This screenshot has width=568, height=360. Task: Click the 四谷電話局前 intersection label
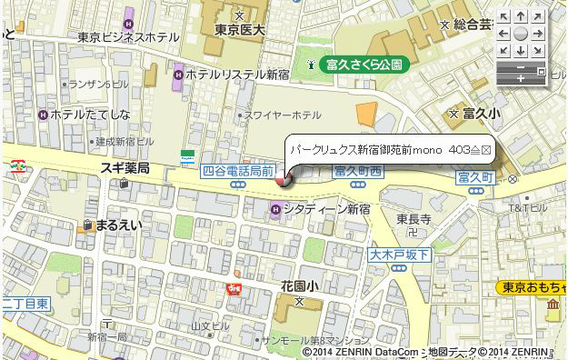click(239, 170)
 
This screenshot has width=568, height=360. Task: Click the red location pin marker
click(284, 180)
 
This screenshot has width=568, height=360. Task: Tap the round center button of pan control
click(519, 32)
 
